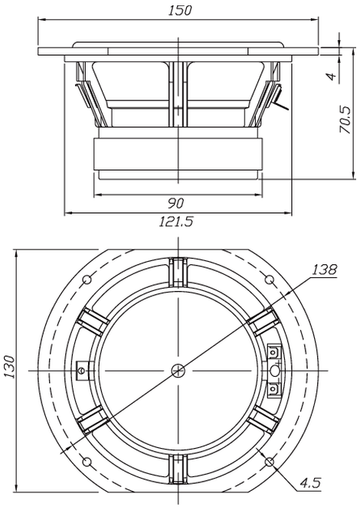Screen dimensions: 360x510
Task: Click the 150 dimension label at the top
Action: [x=180, y=10]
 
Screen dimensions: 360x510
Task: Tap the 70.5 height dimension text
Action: [x=345, y=119]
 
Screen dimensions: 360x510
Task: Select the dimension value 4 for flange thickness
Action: [x=331, y=77]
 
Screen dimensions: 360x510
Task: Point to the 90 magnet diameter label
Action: [x=176, y=203]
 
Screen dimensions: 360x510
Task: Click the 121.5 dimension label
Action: [x=176, y=222]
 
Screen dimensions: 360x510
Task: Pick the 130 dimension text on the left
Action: [x=9, y=368]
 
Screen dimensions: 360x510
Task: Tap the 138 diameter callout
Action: [x=324, y=270]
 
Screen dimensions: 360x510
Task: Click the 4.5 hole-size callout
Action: [x=310, y=482]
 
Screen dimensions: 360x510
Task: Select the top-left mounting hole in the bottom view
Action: [x=87, y=280]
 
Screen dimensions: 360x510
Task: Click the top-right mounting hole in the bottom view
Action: [x=270, y=280]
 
